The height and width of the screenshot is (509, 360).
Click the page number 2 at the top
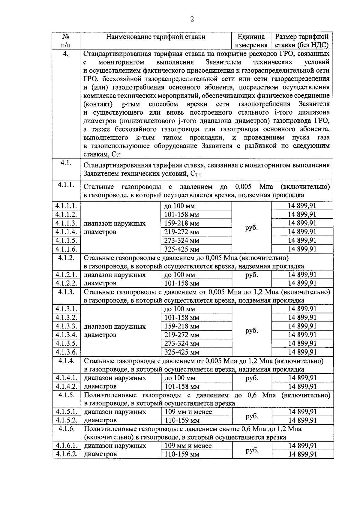coord(192,19)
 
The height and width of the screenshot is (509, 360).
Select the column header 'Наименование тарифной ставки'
coord(156,37)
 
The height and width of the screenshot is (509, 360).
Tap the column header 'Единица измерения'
coord(251,41)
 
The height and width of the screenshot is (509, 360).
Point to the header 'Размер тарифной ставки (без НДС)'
coord(302,41)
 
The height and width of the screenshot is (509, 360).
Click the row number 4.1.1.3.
coord(66,223)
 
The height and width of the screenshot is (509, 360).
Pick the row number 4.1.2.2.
coord(66,283)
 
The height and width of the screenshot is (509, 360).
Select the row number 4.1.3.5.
coord(66,343)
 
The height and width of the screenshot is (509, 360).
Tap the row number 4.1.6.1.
coord(66,446)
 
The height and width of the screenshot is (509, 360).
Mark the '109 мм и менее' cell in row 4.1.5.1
coord(188,412)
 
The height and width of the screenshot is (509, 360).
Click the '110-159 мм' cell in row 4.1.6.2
coord(182,454)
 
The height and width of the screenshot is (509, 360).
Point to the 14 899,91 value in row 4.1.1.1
coord(302,206)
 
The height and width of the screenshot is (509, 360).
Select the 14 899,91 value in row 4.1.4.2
coord(302,386)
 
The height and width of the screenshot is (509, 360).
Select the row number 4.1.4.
coord(66,361)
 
